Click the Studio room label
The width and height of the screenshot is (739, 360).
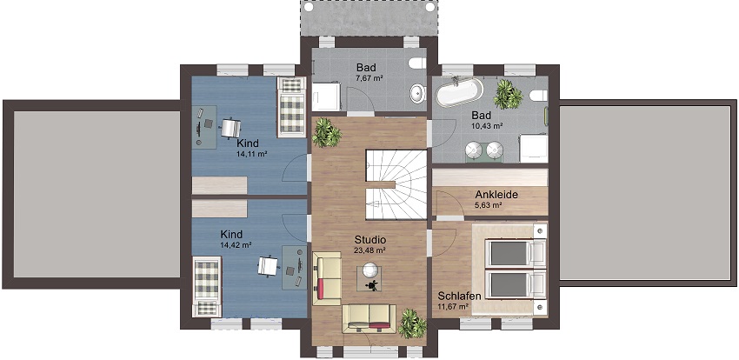tap(370, 239)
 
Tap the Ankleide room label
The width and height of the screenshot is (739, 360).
tap(496, 194)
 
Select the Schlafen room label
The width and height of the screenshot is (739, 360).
tap(460, 297)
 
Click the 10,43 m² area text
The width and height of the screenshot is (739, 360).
tap(487, 126)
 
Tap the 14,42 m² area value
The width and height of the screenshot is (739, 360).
tap(236, 244)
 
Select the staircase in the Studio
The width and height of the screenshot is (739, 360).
tap(396, 184)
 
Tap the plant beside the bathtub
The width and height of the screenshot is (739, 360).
tap(508, 94)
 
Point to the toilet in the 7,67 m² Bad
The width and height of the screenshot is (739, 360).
tap(417, 63)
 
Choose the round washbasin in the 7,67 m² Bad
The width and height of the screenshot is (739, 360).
tap(418, 93)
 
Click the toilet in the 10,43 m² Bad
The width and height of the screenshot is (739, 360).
tap(538, 96)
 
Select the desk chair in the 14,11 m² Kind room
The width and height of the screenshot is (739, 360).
tap(230, 128)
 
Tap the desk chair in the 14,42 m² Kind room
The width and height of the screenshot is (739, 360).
tap(268, 266)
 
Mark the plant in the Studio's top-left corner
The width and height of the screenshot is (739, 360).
tap(326, 132)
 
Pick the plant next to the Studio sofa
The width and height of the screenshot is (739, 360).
tap(412, 323)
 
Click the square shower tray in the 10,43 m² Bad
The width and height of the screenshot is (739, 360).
tap(534, 149)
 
